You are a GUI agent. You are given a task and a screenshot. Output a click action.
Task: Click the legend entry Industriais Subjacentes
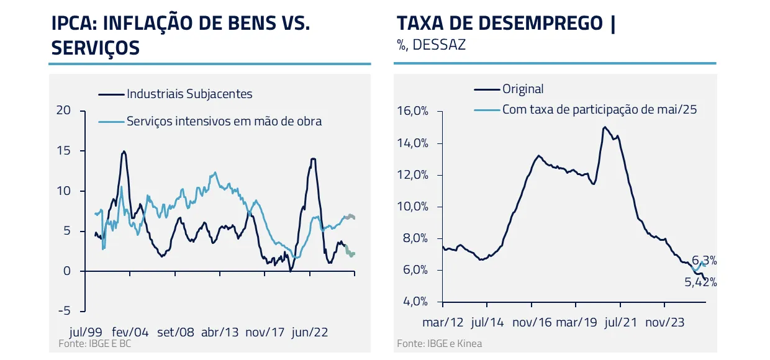pyautogui.click(x=189, y=94)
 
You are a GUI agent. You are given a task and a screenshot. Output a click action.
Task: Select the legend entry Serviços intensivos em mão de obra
pyautogui.click(x=224, y=121)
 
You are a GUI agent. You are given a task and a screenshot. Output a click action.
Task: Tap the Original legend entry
pyautogui.click(x=523, y=89)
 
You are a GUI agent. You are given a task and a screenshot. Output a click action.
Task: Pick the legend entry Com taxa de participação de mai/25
pyautogui.click(x=599, y=110)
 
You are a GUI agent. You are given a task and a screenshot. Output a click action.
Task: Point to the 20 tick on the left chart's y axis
pyautogui.click(x=63, y=110)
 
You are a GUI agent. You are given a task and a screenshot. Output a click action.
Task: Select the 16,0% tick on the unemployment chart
pyautogui.click(x=413, y=112)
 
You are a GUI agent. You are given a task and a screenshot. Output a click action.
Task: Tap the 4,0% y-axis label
pyautogui.click(x=413, y=302)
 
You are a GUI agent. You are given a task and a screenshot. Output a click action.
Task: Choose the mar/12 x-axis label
pyautogui.click(x=443, y=322)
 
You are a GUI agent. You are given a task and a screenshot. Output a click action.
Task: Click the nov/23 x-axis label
pyautogui.click(x=664, y=322)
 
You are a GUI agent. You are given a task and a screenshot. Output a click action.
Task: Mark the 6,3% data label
pyautogui.click(x=704, y=261)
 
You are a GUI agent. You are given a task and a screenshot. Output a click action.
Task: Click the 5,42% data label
pyautogui.click(x=700, y=282)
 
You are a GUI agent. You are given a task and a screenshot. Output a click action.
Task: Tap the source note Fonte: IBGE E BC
pyautogui.click(x=94, y=343)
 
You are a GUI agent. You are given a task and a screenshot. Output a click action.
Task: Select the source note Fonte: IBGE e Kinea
pyautogui.click(x=439, y=343)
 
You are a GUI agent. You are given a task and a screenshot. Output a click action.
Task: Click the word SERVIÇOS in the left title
pyautogui.click(x=95, y=48)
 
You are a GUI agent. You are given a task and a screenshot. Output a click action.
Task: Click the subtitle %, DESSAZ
pyautogui.click(x=431, y=45)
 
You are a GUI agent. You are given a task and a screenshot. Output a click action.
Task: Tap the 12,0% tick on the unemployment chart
pyautogui.click(x=413, y=175)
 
